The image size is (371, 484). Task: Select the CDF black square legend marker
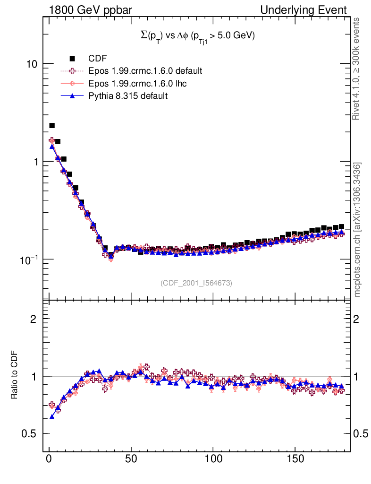[x=73, y=59]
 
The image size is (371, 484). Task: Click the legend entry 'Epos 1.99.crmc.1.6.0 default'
[x=145, y=71]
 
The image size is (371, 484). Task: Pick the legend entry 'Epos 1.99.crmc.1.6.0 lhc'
[x=138, y=83]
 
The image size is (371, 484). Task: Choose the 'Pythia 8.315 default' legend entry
[x=128, y=95]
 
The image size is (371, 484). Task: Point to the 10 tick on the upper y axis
[x=33, y=64]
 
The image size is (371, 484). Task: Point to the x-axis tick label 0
[x=49, y=458]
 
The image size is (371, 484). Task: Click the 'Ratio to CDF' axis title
[x=15, y=376]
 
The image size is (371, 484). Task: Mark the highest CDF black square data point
[x=52, y=125]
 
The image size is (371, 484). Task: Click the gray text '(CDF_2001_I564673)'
[x=196, y=283]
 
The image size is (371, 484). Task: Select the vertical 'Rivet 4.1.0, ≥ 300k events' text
[x=357, y=69]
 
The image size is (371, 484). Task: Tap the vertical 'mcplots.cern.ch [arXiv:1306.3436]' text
[x=357, y=229]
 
